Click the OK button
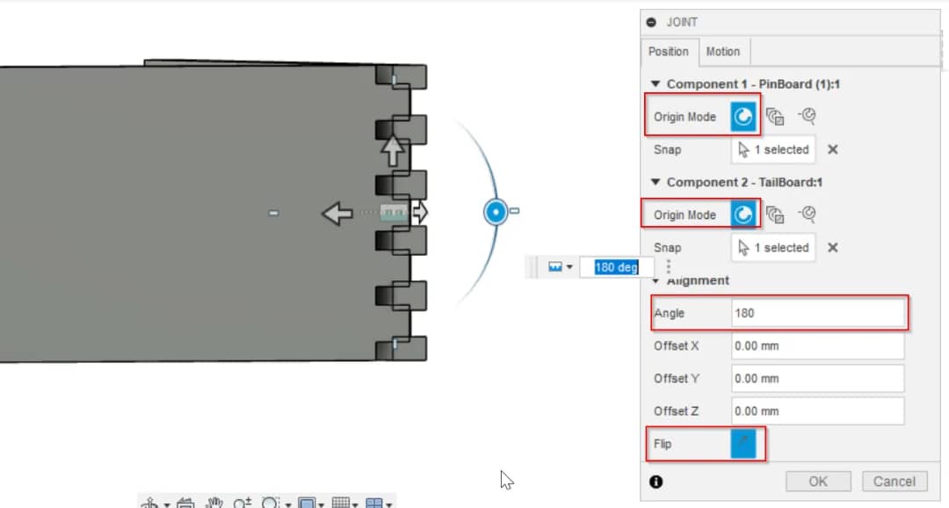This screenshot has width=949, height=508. click(818, 482)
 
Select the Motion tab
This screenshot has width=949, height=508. click(722, 52)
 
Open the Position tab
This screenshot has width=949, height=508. click(668, 52)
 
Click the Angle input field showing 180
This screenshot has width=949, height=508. click(818, 313)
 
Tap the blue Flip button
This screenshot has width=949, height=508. click(743, 444)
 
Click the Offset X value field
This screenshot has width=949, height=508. click(818, 345)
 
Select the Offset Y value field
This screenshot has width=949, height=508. click(818, 379)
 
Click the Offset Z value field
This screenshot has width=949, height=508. click(818, 411)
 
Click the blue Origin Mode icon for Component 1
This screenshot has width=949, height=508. click(743, 116)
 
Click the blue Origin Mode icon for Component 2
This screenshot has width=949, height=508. click(743, 214)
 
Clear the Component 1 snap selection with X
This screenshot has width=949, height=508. click(833, 149)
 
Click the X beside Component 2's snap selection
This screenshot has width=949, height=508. click(833, 248)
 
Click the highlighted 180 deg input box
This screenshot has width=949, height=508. click(616, 267)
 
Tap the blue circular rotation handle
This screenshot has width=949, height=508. click(496, 212)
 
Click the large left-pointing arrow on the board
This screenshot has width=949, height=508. click(337, 213)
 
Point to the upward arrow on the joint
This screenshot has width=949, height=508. click(393, 149)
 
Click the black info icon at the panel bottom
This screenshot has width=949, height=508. click(656, 482)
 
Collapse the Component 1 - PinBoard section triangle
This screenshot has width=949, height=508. click(656, 83)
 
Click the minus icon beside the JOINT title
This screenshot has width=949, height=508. click(651, 22)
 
